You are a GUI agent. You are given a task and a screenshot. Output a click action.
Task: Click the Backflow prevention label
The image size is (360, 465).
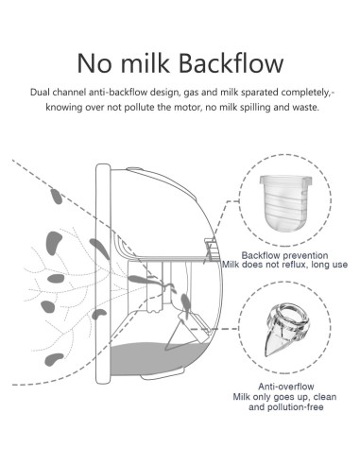[x=287, y=255]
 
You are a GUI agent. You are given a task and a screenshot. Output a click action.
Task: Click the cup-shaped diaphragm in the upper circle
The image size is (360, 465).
[x=286, y=205]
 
